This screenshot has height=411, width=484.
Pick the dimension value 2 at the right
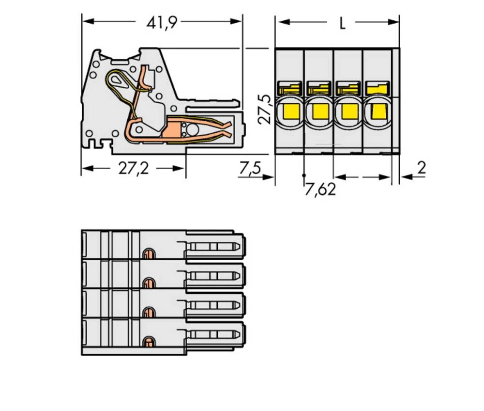pos(421,168)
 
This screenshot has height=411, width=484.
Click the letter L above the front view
pos(342,23)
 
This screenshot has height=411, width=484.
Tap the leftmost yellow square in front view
pos(289,111)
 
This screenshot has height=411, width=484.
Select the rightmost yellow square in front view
pos(378,111)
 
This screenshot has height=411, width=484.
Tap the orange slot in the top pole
pos(148,253)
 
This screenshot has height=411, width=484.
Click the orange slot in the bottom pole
pos(148,342)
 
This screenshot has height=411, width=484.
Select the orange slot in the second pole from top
pos(148,283)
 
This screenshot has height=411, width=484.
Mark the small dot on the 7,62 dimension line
pos(304,175)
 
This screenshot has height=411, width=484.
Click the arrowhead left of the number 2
pos(405,177)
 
